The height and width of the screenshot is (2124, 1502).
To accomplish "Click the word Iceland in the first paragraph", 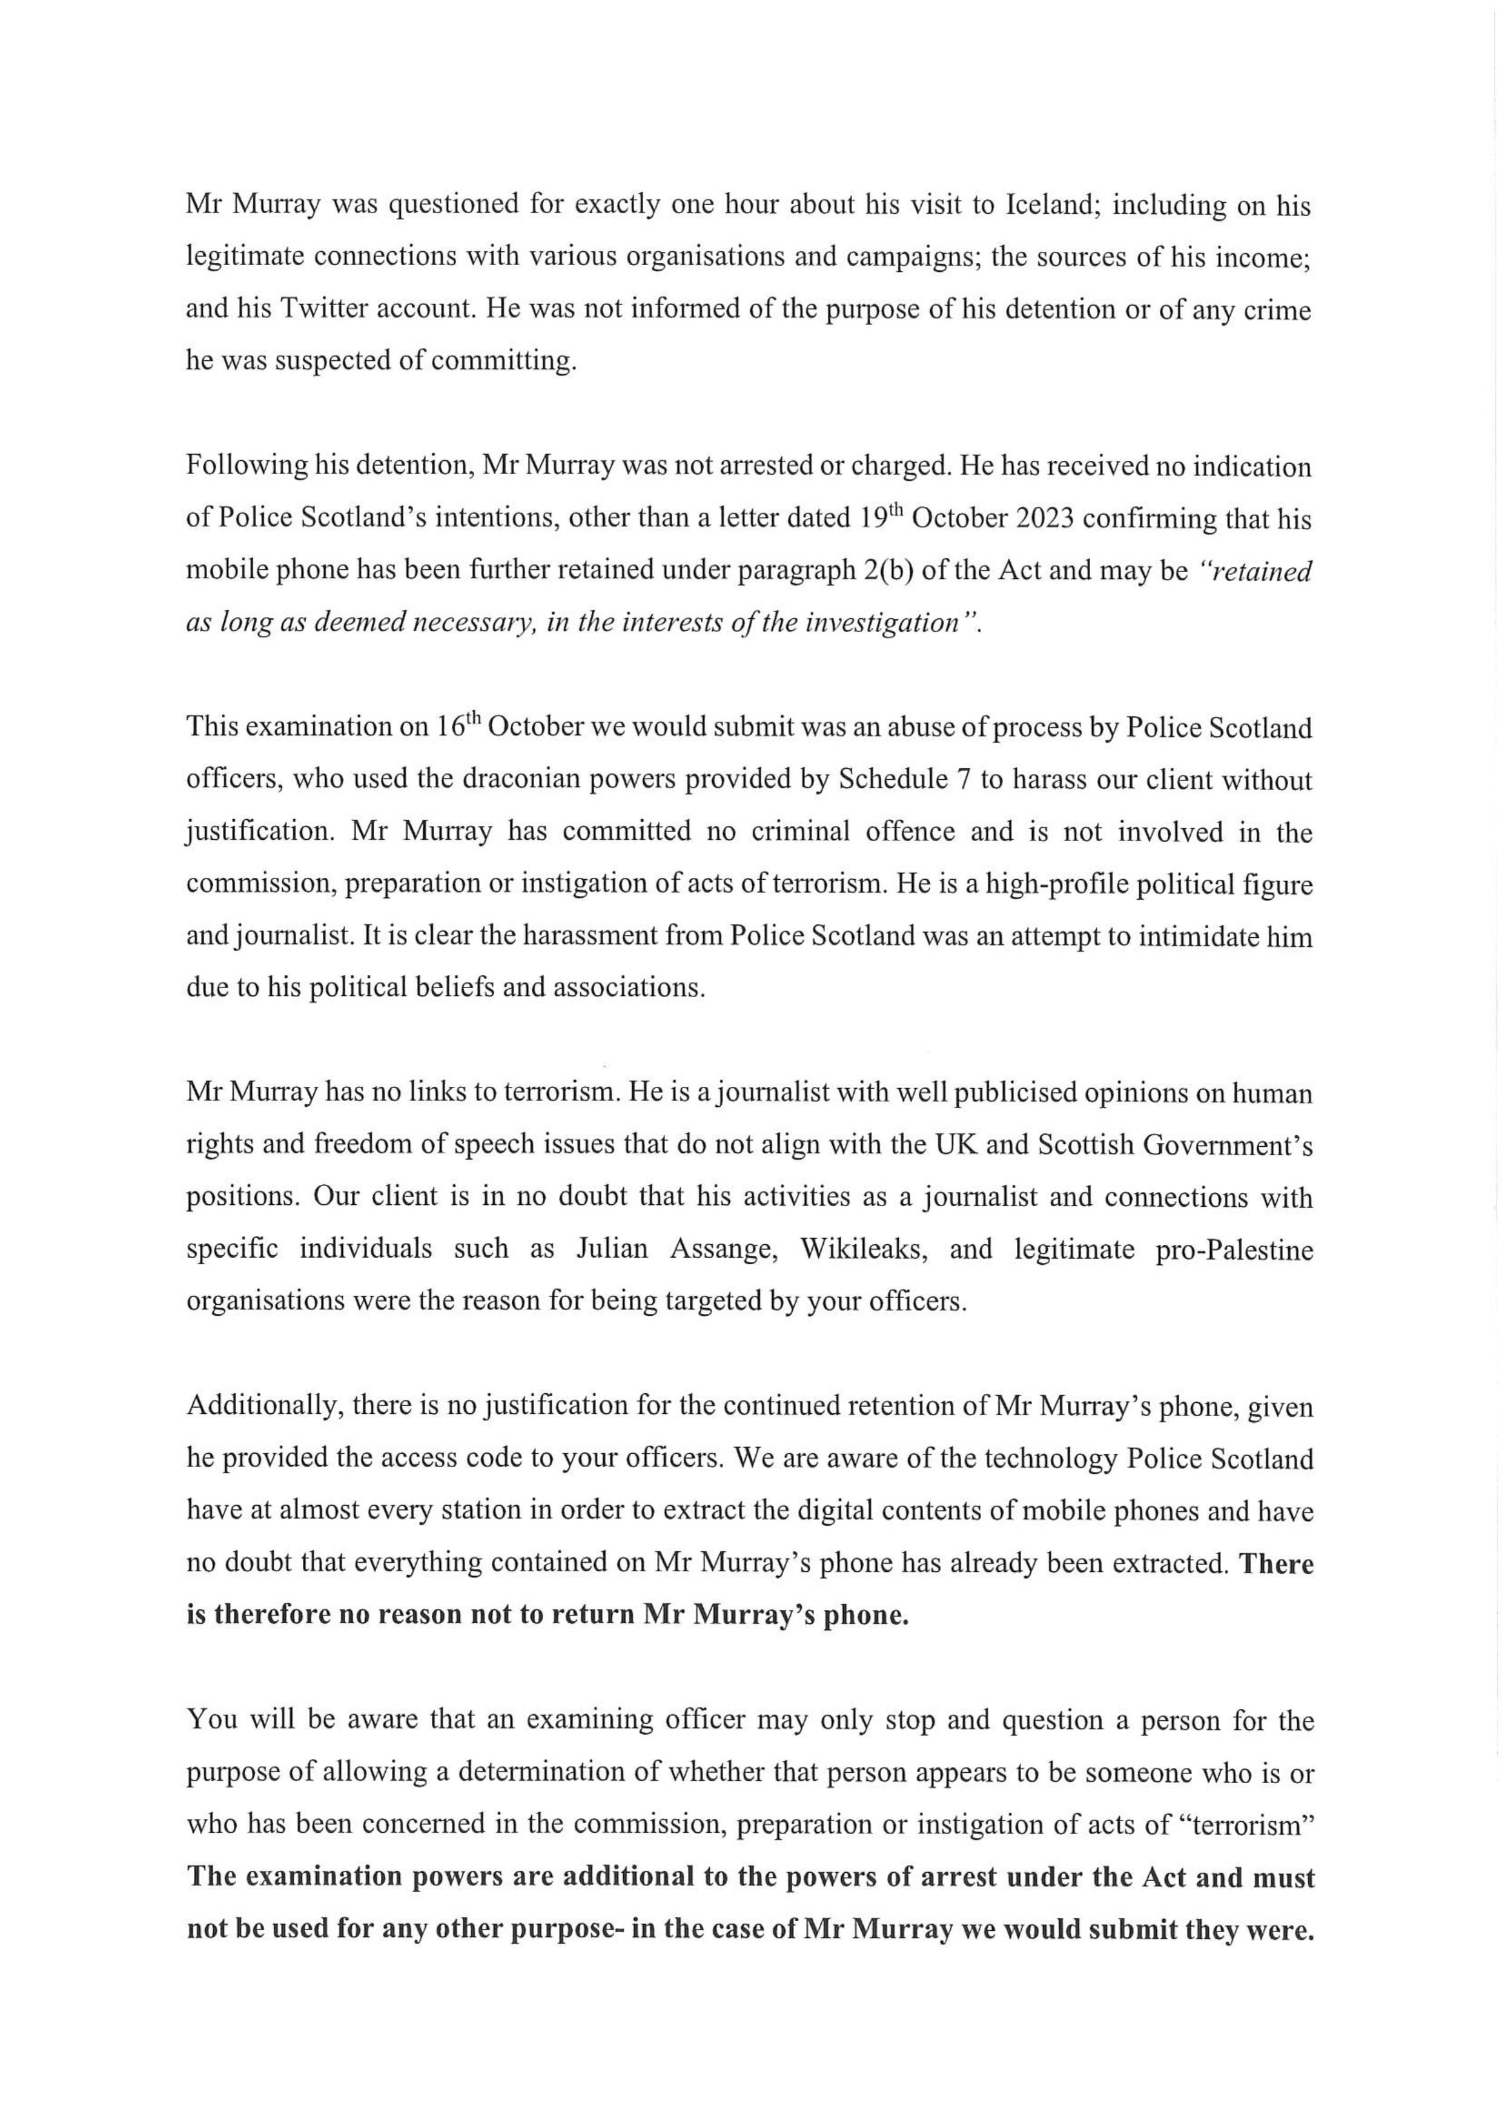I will click(1050, 205).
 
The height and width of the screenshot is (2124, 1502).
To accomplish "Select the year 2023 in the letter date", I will click(1032, 518).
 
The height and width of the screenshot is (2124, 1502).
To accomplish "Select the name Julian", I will click(612, 1249).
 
